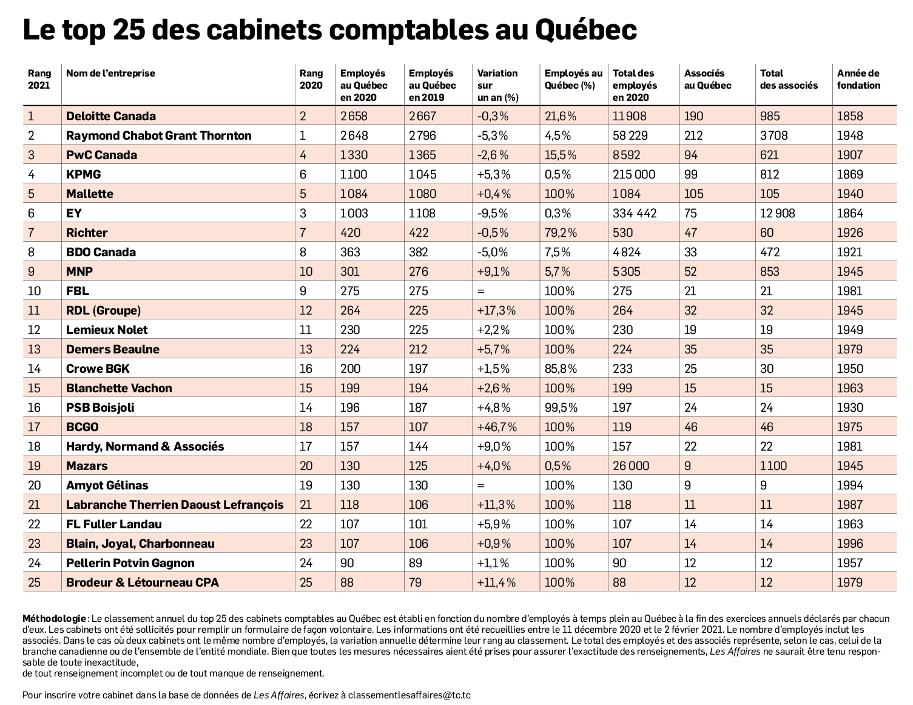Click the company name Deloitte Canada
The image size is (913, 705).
pos(110,116)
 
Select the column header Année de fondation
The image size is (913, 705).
pos(858,80)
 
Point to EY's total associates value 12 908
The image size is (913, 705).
pos(777,213)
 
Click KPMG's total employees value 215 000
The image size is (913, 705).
pos(634,174)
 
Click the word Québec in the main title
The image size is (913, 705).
pos(586,30)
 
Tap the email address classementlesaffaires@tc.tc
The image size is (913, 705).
pos(409,695)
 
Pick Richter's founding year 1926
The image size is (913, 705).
pos(849,233)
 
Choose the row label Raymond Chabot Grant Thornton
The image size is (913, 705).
pos(158,135)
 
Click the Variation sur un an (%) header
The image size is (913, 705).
pos(497,85)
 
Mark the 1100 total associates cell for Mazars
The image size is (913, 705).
pos(773,466)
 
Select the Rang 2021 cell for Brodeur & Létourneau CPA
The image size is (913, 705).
pos(34,582)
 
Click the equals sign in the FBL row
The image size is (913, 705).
pos(481,291)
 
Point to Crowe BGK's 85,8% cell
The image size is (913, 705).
pos(561,369)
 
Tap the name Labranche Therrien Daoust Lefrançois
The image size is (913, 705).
pos(175,505)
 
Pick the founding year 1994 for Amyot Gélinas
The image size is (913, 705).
pos(849,485)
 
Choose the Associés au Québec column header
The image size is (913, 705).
pos(707,80)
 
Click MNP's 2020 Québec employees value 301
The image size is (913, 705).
pos(350,271)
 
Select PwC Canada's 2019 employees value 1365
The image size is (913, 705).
pos(422,155)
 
